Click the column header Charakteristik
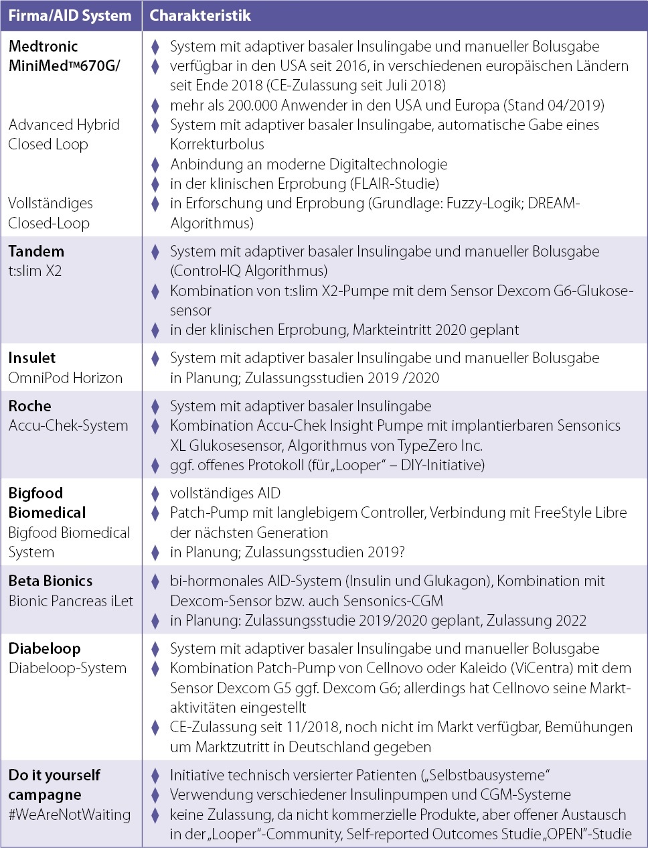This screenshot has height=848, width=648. click(x=200, y=15)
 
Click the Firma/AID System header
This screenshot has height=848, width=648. click(x=70, y=15)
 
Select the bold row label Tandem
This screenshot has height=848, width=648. click(x=36, y=251)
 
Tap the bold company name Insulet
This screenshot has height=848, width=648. click(x=32, y=358)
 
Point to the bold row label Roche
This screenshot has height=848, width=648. click(x=29, y=406)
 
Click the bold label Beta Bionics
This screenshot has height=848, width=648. click(x=50, y=581)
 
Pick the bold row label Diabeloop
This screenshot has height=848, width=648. click(x=44, y=648)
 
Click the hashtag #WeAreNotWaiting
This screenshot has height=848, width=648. click(x=69, y=815)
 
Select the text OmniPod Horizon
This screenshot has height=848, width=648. click(x=65, y=378)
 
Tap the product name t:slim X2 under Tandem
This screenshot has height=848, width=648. click(x=35, y=271)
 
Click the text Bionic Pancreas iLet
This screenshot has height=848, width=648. click(x=70, y=601)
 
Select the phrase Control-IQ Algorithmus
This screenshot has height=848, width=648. click(x=248, y=271)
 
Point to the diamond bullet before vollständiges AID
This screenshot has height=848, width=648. click(x=155, y=494)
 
